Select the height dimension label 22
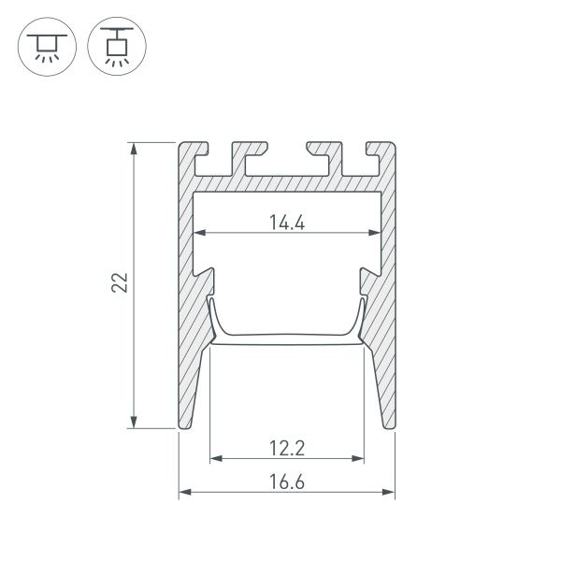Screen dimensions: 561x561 tap(119, 284)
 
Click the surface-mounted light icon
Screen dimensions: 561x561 tap(43, 44)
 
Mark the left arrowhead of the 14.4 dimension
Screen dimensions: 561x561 tap(198, 233)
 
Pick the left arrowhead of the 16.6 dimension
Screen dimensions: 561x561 tap(184, 491)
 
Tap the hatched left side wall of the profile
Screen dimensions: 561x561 tap(186, 309)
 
